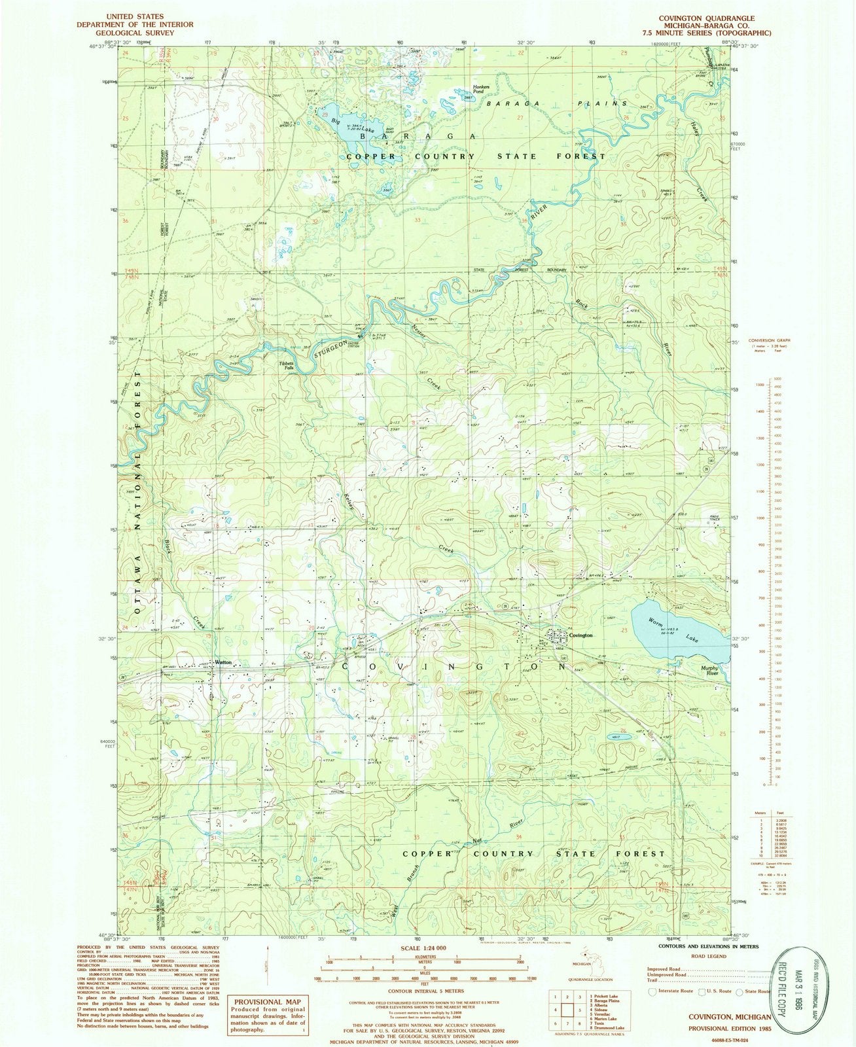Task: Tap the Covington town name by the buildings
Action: [x=580, y=635]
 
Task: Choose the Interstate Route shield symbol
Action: [x=652, y=991]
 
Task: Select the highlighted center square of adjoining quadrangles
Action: [x=567, y=1011]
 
